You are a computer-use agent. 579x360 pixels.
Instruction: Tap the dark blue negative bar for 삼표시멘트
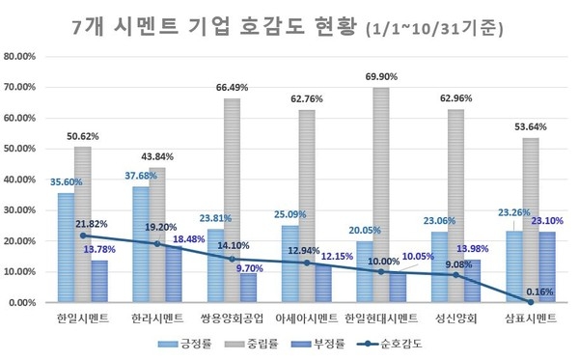tap(547, 266)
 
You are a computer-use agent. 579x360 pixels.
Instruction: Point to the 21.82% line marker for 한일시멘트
tap(84, 235)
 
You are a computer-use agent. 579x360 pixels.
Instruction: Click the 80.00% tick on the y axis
tap(20, 57)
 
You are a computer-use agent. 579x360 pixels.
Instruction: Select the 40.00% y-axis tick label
tap(20, 180)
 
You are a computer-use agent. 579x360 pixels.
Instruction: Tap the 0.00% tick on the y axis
tap(22, 302)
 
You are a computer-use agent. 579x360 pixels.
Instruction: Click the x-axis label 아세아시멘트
tap(306, 318)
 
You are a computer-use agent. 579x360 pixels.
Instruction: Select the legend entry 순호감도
tap(399, 342)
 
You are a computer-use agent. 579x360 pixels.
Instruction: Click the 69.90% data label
tap(380, 75)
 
